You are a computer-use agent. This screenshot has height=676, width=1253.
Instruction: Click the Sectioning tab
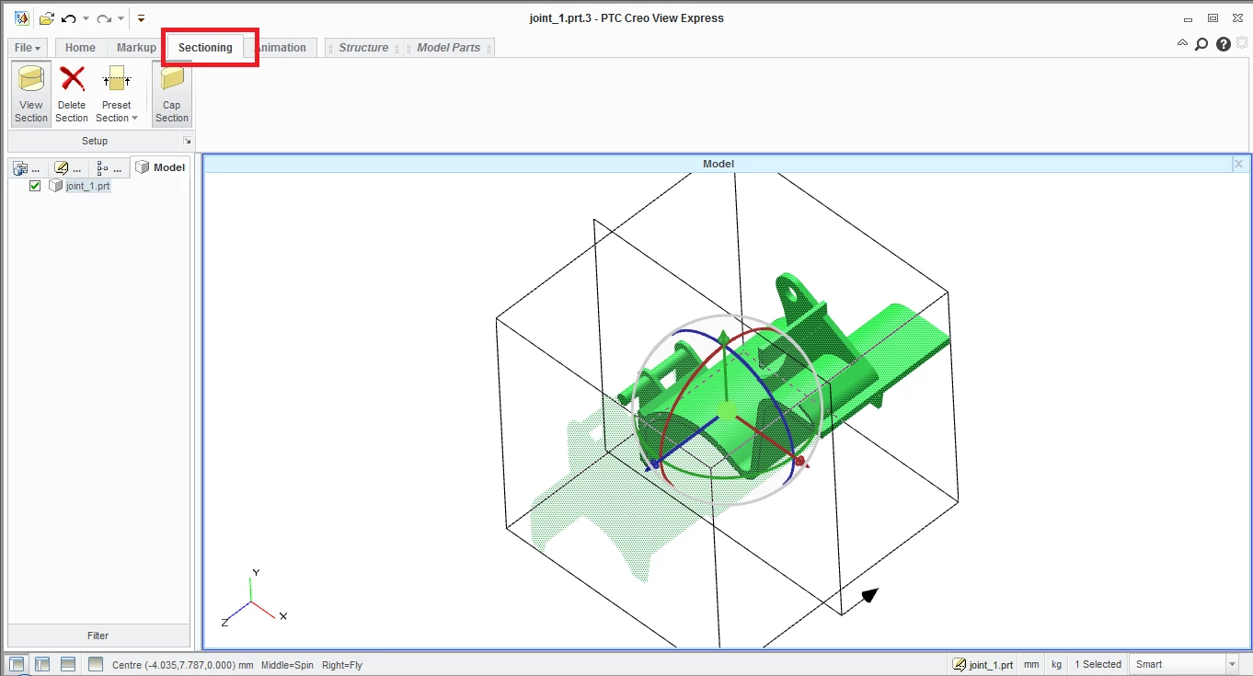[x=205, y=48]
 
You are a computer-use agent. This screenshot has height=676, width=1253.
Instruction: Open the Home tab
[x=80, y=48]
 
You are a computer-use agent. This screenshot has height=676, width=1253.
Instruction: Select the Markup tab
[x=136, y=48]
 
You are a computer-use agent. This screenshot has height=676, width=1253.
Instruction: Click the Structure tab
[x=363, y=48]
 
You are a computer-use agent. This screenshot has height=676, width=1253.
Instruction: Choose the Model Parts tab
[x=448, y=48]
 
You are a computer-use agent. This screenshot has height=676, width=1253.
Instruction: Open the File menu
[x=27, y=48]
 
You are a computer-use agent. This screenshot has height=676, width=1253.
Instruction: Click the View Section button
[x=31, y=94]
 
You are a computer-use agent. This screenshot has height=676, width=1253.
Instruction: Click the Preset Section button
[x=116, y=94]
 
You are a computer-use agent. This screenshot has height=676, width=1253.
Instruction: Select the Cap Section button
[x=172, y=94]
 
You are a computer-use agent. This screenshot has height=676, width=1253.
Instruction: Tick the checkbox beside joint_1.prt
[x=35, y=186]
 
